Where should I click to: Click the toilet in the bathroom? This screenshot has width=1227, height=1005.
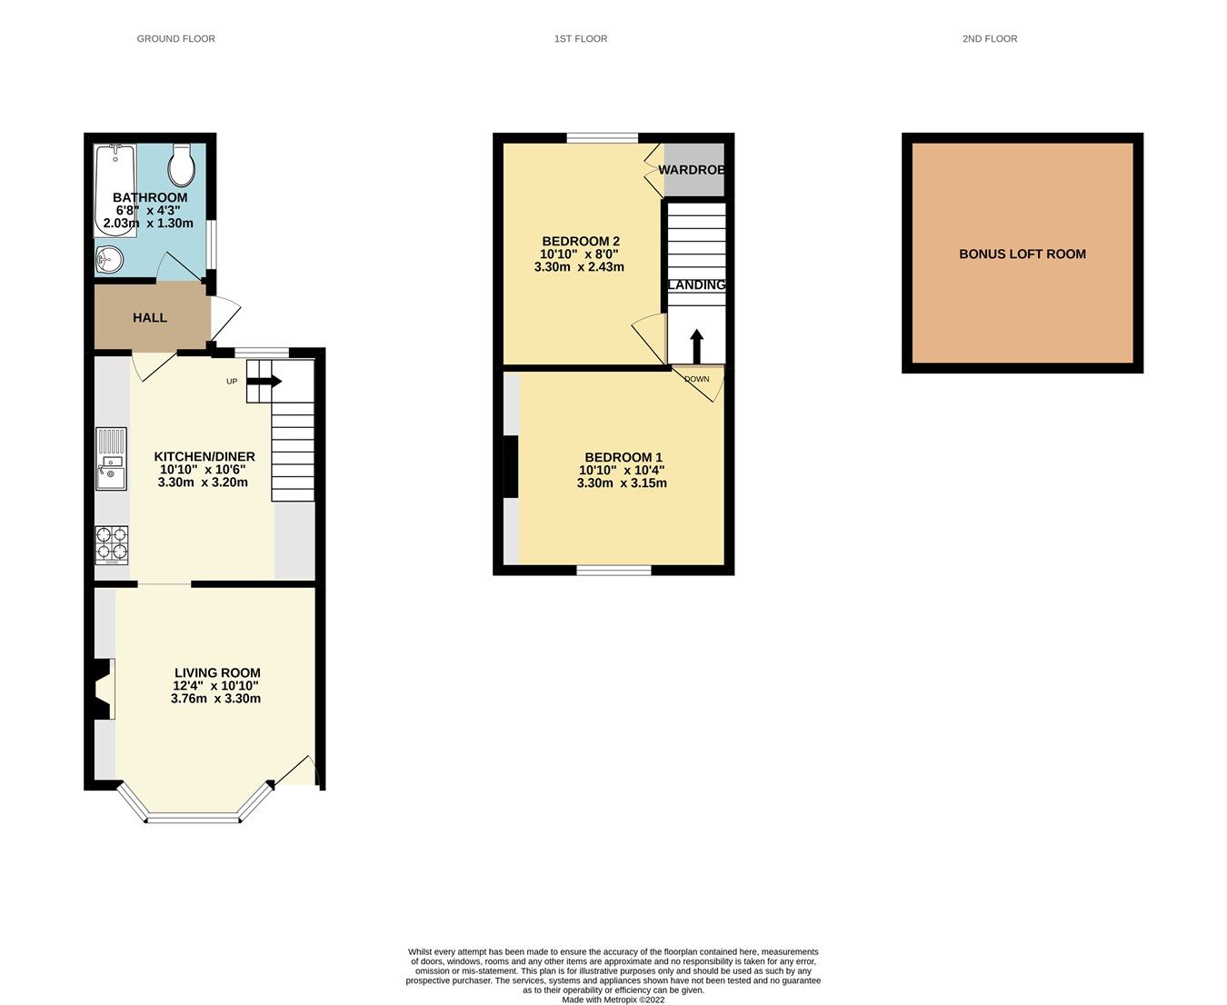pyautogui.click(x=182, y=164)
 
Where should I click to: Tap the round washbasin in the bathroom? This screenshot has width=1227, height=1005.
pyautogui.click(x=109, y=260)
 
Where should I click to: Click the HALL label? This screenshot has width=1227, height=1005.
pyautogui.click(x=150, y=318)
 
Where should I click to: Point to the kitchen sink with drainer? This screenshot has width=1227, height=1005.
pyautogui.click(x=112, y=458)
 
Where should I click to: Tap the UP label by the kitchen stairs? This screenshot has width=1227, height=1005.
pyautogui.click(x=232, y=382)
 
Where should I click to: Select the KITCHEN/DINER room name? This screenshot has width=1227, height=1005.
pyautogui.click(x=204, y=457)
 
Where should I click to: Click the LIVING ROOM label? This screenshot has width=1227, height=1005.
pyautogui.click(x=217, y=673)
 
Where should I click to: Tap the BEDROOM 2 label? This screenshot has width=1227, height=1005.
pyautogui.click(x=581, y=242)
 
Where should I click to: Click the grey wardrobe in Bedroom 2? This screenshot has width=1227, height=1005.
pyautogui.click(x=694, y=170)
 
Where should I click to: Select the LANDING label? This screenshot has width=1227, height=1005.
pyautogui.click(x=697, y=285)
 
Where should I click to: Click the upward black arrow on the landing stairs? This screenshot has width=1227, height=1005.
pyautogui.click(x=696, y=346)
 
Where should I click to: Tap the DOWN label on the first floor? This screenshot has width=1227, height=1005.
pyautogui.click(x=697, y=380)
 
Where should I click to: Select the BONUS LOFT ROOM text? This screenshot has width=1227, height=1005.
pyautogui.click(x=1022, y=254)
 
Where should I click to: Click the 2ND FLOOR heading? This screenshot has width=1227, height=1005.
pyautogui.click(x=990, y=39)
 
